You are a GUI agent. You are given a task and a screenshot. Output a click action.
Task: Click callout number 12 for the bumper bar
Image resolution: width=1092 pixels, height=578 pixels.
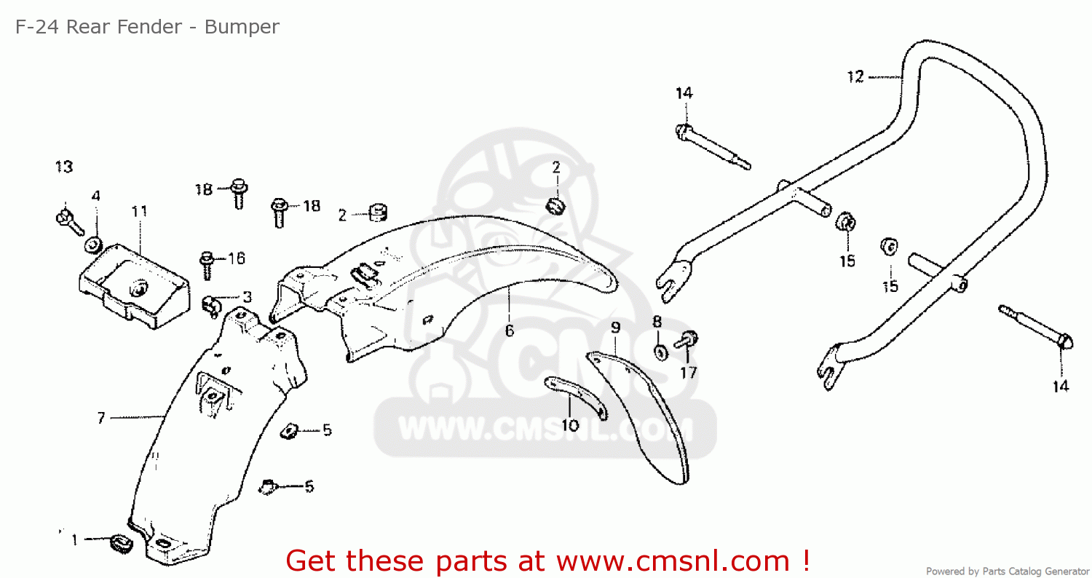tap(855, 76)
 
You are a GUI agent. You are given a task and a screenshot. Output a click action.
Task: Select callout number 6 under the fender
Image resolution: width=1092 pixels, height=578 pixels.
tap(510, 330)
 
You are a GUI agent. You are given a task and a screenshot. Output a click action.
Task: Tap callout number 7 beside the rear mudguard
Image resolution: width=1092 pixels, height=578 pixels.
tap(101, 418)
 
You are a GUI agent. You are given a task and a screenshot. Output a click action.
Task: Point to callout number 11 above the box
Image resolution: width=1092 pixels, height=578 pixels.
tap(139, 212)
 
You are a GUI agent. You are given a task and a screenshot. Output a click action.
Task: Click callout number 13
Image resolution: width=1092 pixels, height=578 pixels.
tap(64, 167)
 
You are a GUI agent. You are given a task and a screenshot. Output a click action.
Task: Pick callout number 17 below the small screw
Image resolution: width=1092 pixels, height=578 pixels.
tap(689, 373)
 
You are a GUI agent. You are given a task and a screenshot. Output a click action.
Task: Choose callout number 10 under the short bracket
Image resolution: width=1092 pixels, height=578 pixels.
tap(571, 424)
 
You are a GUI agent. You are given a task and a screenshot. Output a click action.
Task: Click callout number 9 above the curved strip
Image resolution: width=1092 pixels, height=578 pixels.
tap(616, 328)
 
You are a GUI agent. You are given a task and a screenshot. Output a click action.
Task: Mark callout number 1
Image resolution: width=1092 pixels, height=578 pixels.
tap(74, 540)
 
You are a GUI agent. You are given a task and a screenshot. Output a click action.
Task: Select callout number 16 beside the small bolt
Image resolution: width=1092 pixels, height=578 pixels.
tap(237, 258)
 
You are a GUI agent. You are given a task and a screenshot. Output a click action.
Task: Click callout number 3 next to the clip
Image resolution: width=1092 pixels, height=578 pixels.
tap(248, 297)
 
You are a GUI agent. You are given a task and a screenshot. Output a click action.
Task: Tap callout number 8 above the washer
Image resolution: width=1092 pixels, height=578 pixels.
tap(657, 321)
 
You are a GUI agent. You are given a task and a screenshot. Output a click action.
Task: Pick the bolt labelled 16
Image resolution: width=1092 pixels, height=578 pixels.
tap(206, 262)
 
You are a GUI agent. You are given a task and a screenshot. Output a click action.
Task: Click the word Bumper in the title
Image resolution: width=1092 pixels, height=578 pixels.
tap(242, 27)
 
